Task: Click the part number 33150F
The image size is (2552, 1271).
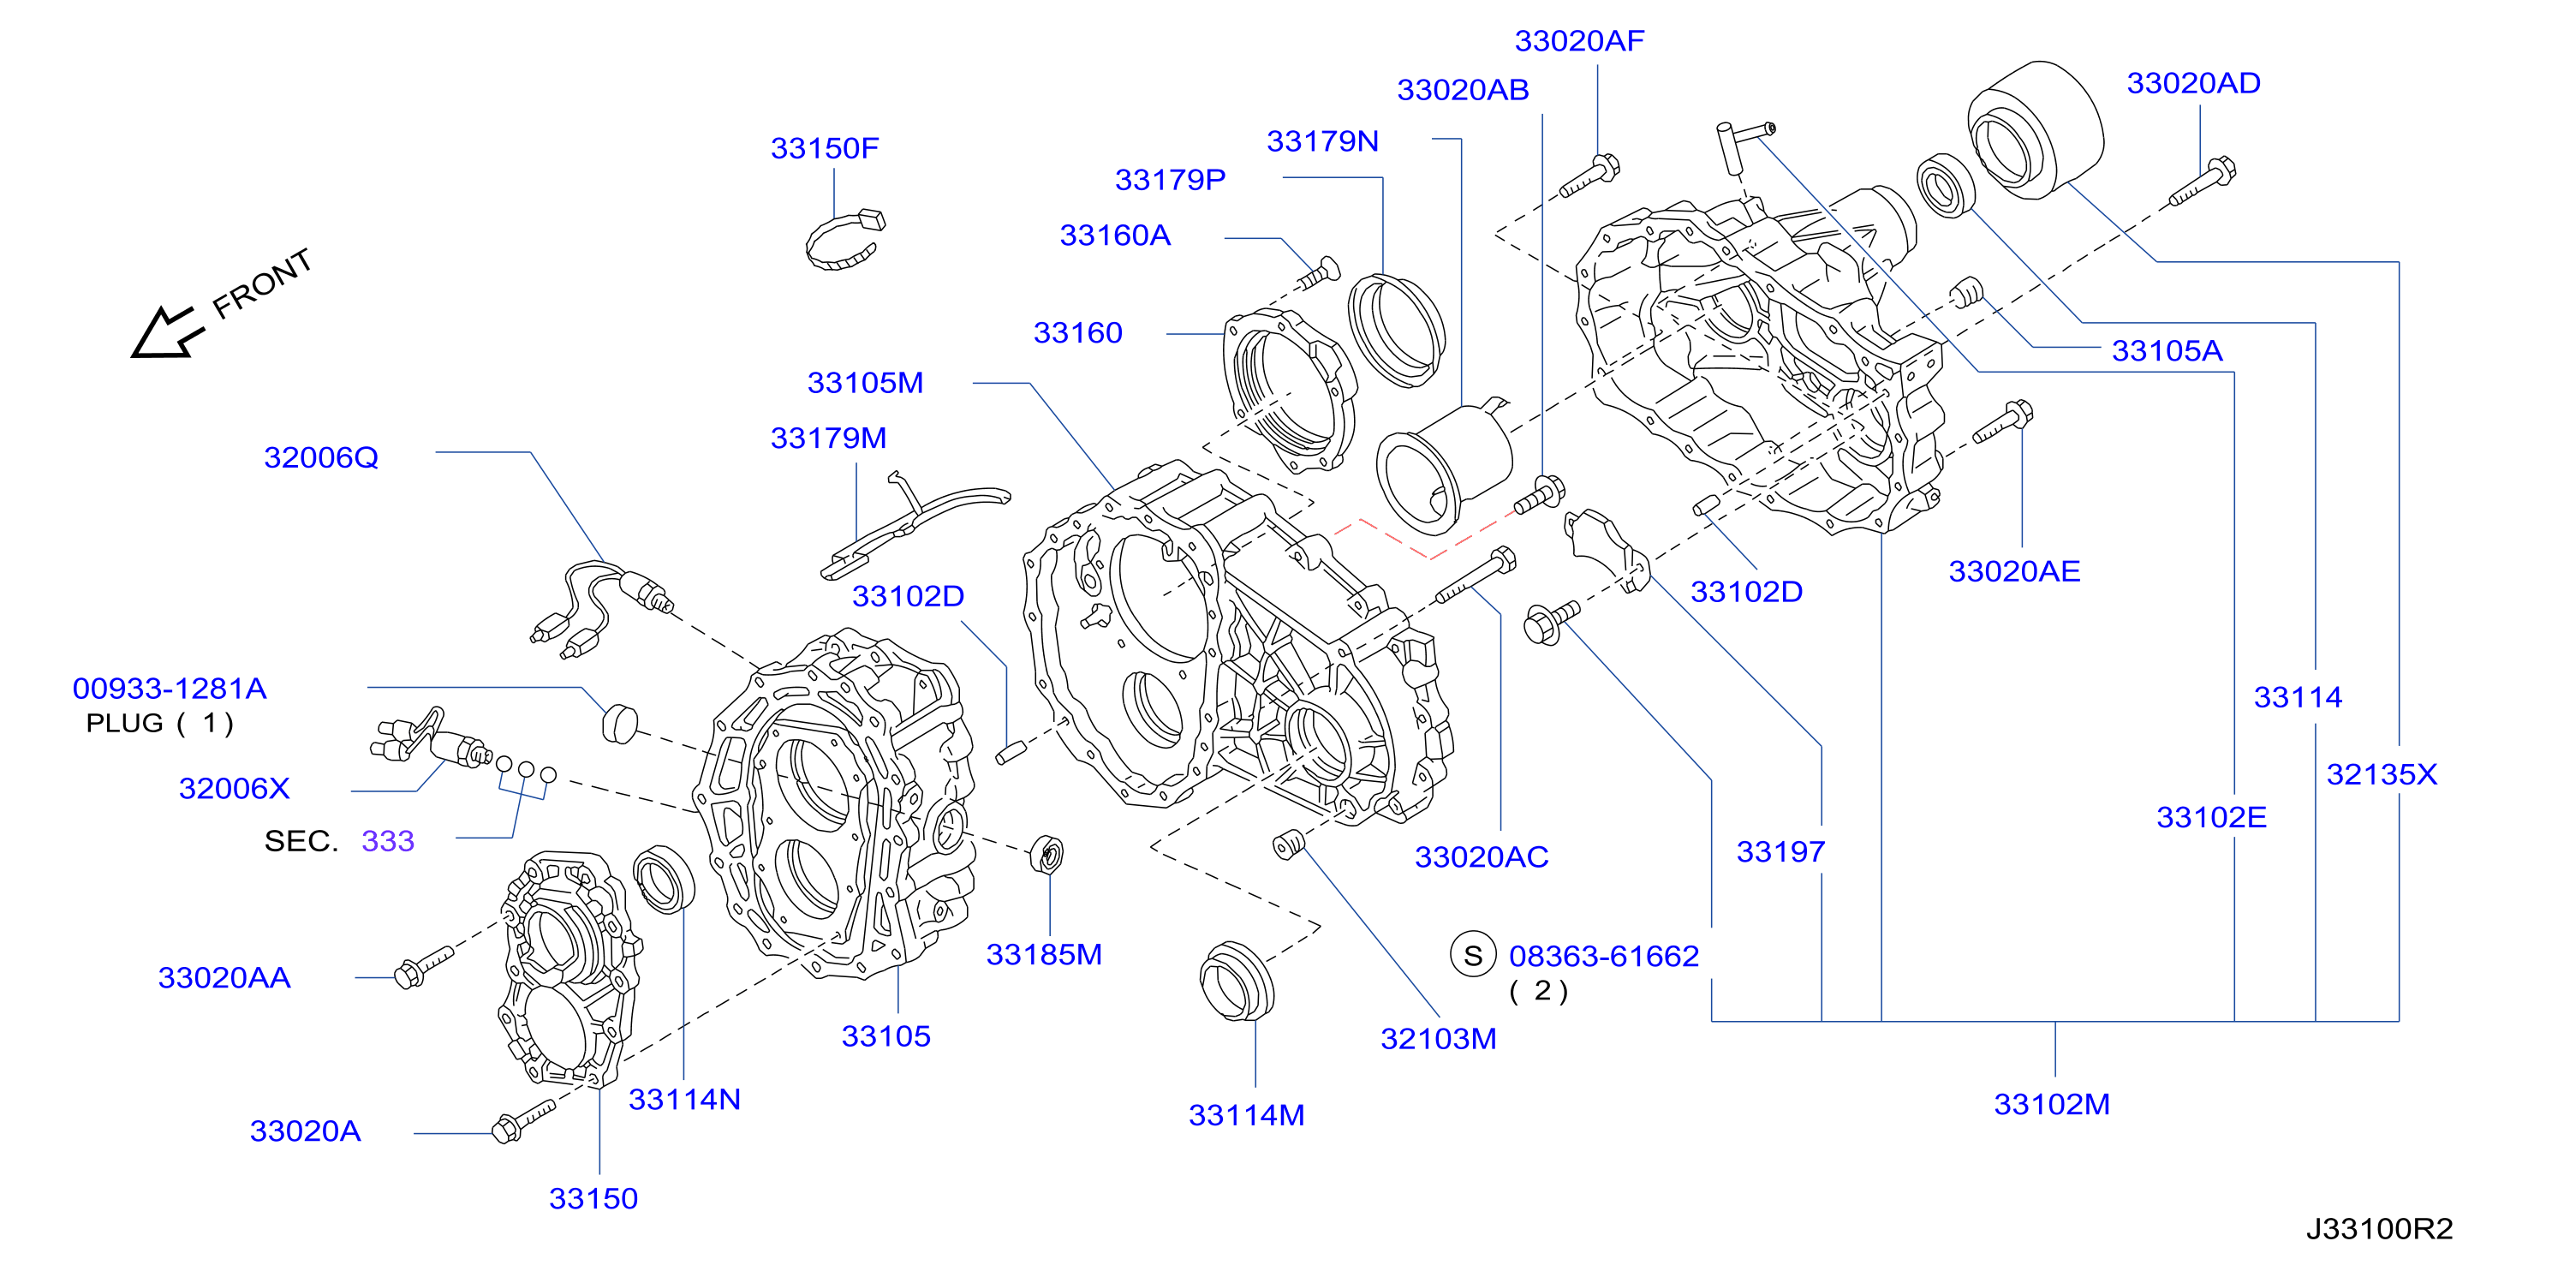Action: (x=824, y=148)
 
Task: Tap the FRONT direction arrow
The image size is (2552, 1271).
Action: (x=166, y=331)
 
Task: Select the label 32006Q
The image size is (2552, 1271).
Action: (x=321, y=457)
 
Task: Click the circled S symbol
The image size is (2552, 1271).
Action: (x=1472, y=955)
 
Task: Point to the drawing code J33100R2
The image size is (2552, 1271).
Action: (x=2379, y=1229)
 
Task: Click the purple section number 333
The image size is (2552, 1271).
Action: (x=387, y=841)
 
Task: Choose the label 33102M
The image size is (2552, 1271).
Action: (x=2052, y=1105)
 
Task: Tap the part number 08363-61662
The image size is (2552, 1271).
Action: (x=1604, y=956)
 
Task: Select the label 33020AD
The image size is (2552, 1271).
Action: (x=2193, y=83)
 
